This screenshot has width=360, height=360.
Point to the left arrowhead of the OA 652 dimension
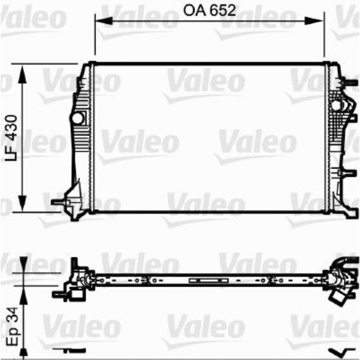pyautogui.click(x=101, y=21)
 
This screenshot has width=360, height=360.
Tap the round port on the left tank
pyautogui.click(x=77, y=118)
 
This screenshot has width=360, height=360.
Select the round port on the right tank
pyautogui.click(x=336, y=106)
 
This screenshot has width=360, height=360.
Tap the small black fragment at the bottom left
pyautogui.click(x=70, y=350)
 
